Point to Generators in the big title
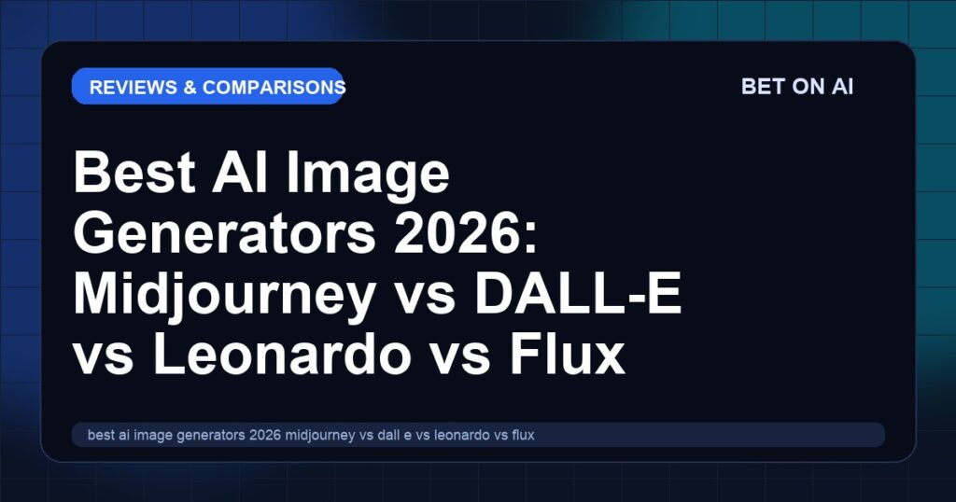224,233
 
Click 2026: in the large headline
466,233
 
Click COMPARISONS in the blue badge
274,87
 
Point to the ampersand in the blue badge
190,87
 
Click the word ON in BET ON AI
808,87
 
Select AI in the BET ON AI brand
843,87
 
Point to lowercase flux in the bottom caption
523,435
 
